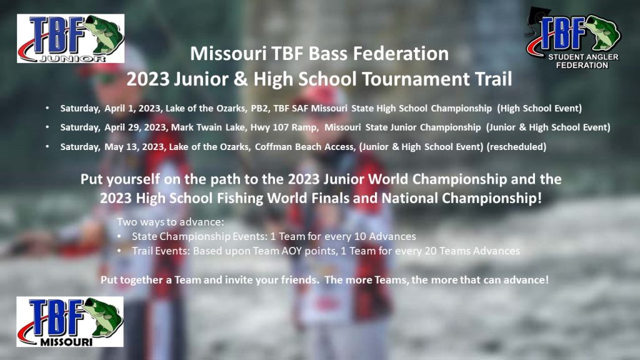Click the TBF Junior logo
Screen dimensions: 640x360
click(x=71, y=38)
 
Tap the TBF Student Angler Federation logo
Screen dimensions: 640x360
click(x=574, y=39)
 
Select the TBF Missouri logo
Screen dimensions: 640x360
click(x=70, y=322)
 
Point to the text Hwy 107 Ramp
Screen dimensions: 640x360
click(x=284, y=127)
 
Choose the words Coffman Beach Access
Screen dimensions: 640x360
click(x=305, y=147)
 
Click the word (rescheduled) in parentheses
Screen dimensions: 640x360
click(x=516, y=147)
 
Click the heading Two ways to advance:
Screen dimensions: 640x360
click(x=171, y=222)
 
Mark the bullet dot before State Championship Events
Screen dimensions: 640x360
click(x=119, y=236)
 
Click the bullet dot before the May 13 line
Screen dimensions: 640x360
click(x=47, y=147)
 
